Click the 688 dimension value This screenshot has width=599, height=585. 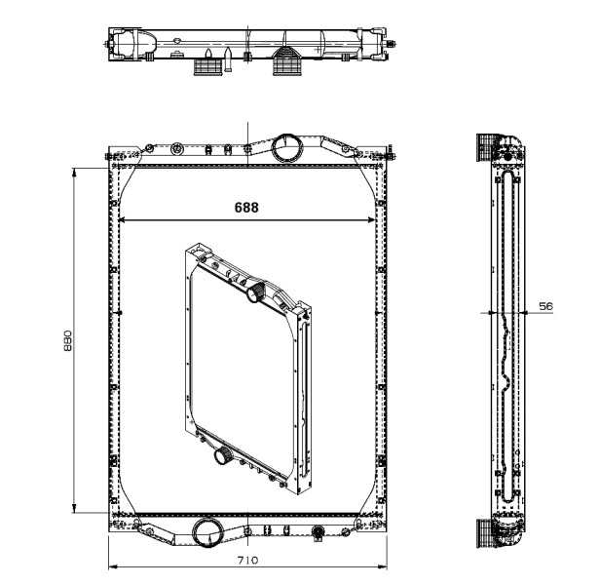[247, 207]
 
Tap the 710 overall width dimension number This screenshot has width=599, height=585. [247, 561]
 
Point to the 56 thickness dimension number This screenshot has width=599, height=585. [545, 306]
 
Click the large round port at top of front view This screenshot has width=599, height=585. [286, 148]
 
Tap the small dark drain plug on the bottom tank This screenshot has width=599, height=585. [317, 532]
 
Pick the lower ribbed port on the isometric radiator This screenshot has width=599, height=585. [219, 455]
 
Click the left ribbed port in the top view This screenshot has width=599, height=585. [206, 66]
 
